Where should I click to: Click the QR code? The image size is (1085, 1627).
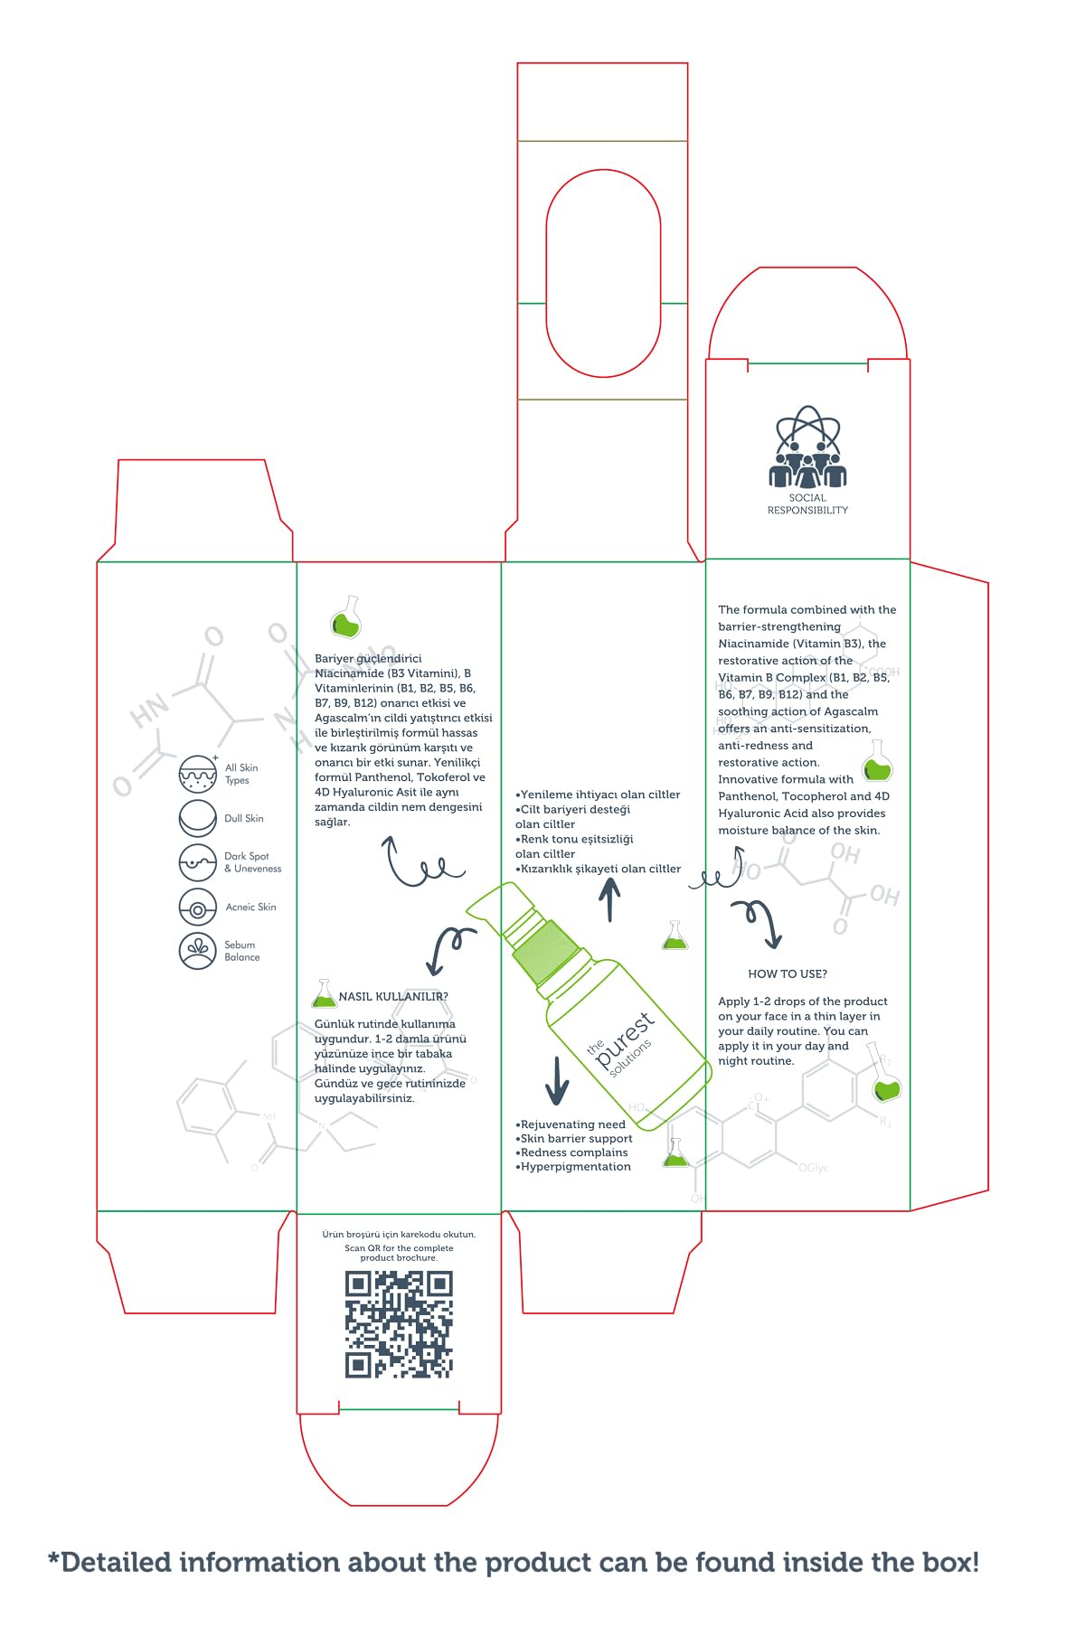[399, 1324]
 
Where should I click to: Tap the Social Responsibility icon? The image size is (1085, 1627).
[807, 447]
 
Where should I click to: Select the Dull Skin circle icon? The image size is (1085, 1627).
[197, 818]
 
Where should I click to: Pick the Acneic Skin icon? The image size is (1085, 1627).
[197, 908]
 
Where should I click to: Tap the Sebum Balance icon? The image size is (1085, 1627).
[197, 951]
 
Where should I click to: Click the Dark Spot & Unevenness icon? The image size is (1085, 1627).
[197, 862]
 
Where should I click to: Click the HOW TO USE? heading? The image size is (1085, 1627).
[788, 973]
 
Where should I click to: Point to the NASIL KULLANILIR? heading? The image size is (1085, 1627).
[393, 996]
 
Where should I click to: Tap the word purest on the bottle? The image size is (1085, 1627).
[624, 1039]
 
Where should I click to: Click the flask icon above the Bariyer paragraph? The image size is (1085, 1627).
[346, 617]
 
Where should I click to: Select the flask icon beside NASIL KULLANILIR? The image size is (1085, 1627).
[323, 995]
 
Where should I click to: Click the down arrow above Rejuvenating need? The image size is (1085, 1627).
[557, 1079]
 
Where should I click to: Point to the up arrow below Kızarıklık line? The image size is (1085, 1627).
[610, 900]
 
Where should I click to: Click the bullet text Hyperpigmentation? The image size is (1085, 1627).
[576, 1167]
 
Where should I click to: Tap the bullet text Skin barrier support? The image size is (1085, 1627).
[576, 1139]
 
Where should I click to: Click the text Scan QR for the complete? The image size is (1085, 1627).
[399, 1248]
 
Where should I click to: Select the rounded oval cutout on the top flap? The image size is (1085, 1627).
[603, 273]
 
